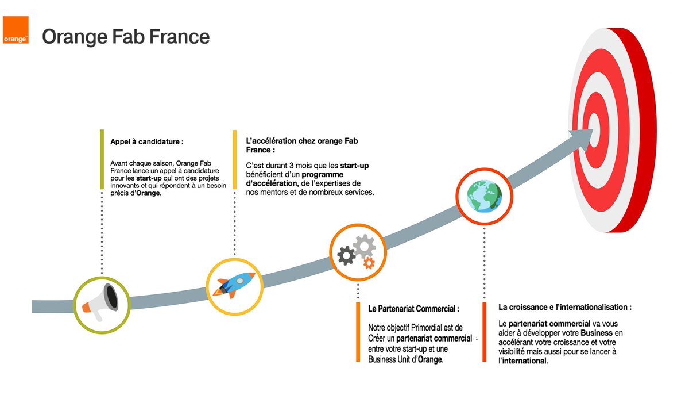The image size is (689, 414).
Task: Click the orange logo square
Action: point(16,30)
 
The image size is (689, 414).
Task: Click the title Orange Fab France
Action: point(126,37)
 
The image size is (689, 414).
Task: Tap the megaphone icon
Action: point(102,302)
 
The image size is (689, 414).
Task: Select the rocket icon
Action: point(234,285)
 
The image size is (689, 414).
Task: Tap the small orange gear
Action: point(369,263)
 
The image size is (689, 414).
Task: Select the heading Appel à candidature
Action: point(147,141)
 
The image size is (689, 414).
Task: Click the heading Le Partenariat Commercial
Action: point(413,309)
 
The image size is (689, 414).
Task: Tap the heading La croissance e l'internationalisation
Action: point(565,307)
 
